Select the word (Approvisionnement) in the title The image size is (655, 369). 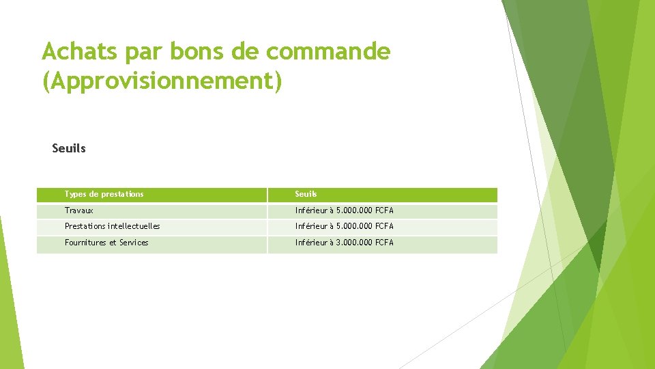click(x=162, y=82)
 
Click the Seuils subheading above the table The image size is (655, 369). click(x=69, y=148)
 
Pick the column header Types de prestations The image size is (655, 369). click(x=104, y=194)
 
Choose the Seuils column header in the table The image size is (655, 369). click(x=306, y=194)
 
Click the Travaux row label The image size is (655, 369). click(x=79, y=210)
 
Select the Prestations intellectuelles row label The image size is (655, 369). click(x=113, y=226)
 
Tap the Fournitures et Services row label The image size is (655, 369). click(x=106, y=243)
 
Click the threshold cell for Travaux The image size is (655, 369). click(x=345, y=210)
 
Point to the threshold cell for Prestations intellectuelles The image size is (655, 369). click(x=345, y=226)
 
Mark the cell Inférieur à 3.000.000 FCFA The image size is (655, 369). click(x=345, y=243)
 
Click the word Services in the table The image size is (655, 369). click(x=134, y=243)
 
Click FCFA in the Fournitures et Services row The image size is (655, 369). click(x=385, y=243)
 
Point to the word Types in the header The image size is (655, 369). click(x=75, y=194)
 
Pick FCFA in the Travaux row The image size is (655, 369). click(x=385, y=210)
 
